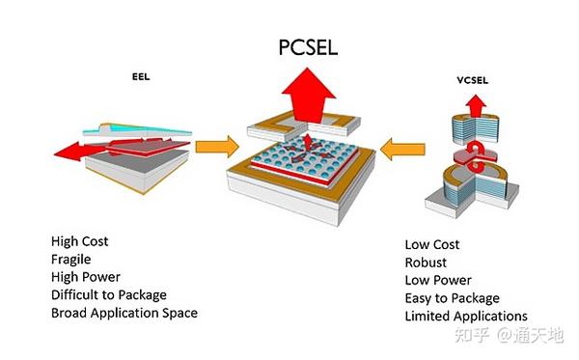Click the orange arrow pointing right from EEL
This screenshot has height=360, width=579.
click(x=215, y=149)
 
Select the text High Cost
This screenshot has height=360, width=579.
click(x=81, y=240)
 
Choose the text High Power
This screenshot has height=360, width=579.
click(x=85, y=276)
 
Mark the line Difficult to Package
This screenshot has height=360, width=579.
click(x=109, y=294)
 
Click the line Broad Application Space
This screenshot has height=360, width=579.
click(x=124, y=313)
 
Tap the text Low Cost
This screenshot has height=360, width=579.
click(x=431, y=244)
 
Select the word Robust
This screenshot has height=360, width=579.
click(x=426, y=262)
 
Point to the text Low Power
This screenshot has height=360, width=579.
click(x=435, y=280)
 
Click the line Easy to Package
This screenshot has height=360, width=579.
click(x=453, y=297)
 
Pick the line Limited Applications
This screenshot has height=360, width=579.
click(x=466, y=316)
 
